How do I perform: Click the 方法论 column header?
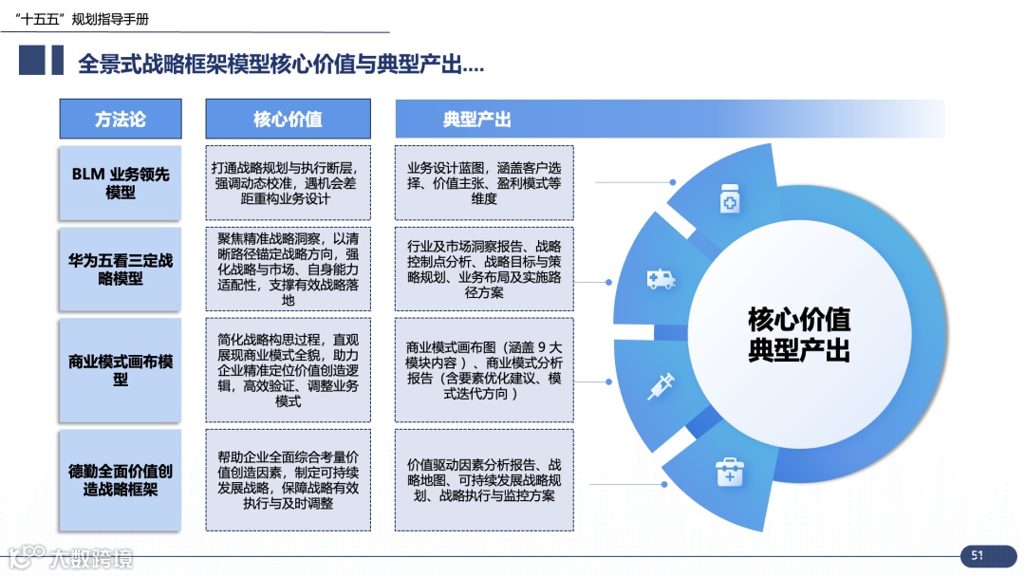coord(120,119)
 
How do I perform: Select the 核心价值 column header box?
coord(288,119)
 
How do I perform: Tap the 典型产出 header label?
coord(476,119)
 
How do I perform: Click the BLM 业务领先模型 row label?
coord(120,182)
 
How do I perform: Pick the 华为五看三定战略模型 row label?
coord(120,270)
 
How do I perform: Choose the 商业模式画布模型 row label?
coord(120,370)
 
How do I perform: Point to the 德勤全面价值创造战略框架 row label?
coord(120,480)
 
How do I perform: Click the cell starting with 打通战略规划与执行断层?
coord(288,182)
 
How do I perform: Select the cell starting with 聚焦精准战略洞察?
coord(288,269)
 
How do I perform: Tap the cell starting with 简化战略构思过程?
coord(288,370)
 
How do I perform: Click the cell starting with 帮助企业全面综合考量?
coord(288,480)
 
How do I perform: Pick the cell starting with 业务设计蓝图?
coord(484,182)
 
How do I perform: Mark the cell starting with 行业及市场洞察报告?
coord(484,269)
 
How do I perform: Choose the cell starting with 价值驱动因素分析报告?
coord(484,480)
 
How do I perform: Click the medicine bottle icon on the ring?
coord(729,201)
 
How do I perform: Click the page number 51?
coord(977,556)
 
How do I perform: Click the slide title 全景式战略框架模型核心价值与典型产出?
coord(281,65)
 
